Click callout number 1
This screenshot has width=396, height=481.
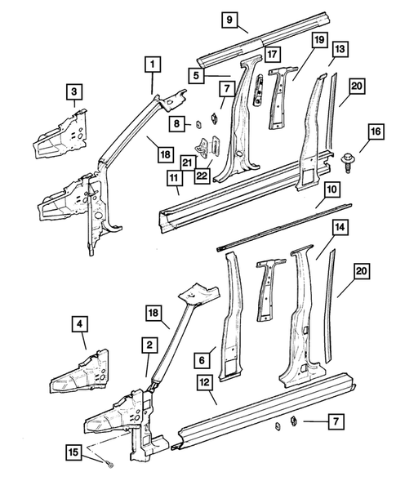pyautogui.click(x=152, y=63)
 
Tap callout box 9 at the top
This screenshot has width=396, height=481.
pyautogui.click(x=229, y=20)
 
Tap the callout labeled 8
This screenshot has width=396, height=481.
pyautogui.click(x=175, y=123)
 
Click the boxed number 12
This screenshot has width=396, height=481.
pyautogui.click(x=205, y=381)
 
